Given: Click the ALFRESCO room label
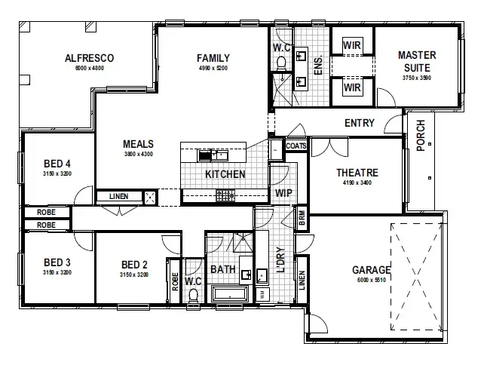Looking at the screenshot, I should click(x=89, y=58).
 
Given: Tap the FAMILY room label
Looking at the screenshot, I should click(x=213, y=58).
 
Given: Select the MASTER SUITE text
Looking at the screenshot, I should click(x=417, y=61).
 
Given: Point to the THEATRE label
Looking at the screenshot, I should click(x=357, y=173).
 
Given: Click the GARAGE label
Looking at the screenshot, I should click(x=371, y=269).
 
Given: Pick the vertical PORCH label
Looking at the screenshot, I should click(x=421, y=135).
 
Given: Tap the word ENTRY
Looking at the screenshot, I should click(x=360, y=123).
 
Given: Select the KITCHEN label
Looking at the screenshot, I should click(x=225, y=174).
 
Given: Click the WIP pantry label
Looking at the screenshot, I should click(x=283, y=192).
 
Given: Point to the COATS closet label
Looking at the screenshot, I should click(x=296, y=146).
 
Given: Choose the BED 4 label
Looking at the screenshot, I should click(x=57, y=164).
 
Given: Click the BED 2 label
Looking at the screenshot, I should click(x=133, y=264).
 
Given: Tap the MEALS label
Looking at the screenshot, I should click(x=139, y=144).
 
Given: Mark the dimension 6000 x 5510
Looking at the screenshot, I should click(x=371, y=280).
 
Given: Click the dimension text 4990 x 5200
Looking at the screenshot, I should click(x=213, y=68).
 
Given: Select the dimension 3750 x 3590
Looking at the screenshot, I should click(x=417, y=77).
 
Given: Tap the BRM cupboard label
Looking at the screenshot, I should click(x=302, y=216).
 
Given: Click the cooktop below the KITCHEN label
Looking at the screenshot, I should click(x=225, y=195).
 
